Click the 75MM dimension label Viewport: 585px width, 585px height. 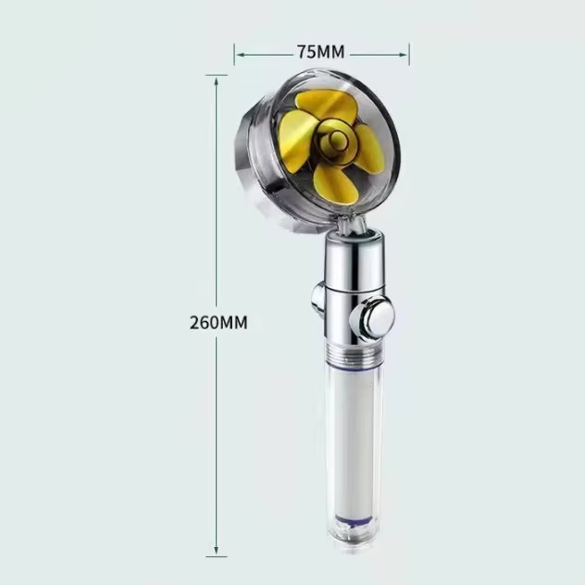321,52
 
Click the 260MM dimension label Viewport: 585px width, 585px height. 218,323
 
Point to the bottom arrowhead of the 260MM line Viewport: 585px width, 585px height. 216,551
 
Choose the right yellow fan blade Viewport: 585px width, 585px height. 370,149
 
